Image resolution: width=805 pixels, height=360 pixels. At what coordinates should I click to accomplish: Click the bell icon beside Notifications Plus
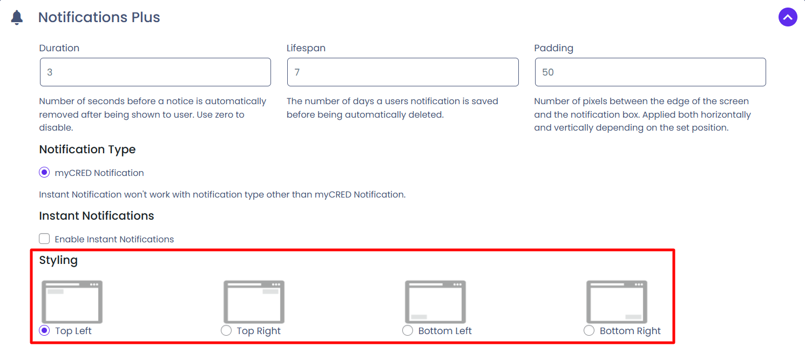pyautogui.click(x=17, y=17)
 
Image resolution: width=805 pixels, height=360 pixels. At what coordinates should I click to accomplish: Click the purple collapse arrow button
pyautogui.click(x=788, y=17)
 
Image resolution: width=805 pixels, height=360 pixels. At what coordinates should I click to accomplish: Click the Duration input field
pyautogui.click(x=155, y=72)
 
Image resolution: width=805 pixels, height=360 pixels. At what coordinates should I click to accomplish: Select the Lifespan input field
pyautogui.click(x=403, y=72)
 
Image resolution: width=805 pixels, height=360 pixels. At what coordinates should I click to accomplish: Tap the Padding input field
pyautogui.click(x=650, y=72)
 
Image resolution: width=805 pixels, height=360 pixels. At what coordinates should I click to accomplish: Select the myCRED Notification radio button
pyautogui.click(x=44, y=173)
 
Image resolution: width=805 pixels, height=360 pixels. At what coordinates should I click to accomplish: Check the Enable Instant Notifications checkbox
pyautogui.click(x=44, y=239)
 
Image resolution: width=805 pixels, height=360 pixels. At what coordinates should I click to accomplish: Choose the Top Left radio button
pyautogui.click(x=44, y=330)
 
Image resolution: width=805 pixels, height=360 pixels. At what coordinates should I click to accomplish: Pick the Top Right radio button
pyautogui.click(x=226, y=330)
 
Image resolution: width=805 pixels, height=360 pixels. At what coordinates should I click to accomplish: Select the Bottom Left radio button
pyautogui.click(x=408, y=330)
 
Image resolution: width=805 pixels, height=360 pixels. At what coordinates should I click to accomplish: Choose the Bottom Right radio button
pyautogui.click(x=589, y=330)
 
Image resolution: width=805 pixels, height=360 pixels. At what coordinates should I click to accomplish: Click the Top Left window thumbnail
pyautogui.click(x=72, y=302)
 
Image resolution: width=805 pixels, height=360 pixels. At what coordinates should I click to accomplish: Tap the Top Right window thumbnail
pyautogui.click(x=254, y=302)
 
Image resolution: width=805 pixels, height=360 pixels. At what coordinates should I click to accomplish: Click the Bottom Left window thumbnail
pyautogui.click(x=436, y=302)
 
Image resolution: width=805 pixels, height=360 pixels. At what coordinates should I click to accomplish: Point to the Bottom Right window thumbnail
pyautogui.click(x=617, y=302)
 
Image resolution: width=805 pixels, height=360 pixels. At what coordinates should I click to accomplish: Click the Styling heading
pyautogui.click(x=58, y=261)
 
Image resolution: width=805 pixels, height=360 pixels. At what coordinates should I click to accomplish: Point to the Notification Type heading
pyautogui.click(x=87, y=150)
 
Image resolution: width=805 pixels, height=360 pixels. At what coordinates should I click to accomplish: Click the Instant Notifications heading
pyautogui.click(x=96, y=215)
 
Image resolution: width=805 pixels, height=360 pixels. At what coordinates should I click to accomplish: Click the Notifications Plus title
pyautogui.click(x=99, y=17)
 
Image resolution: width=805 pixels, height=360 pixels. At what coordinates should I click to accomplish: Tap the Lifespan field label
pyautogui.click(x=306, y=48)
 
